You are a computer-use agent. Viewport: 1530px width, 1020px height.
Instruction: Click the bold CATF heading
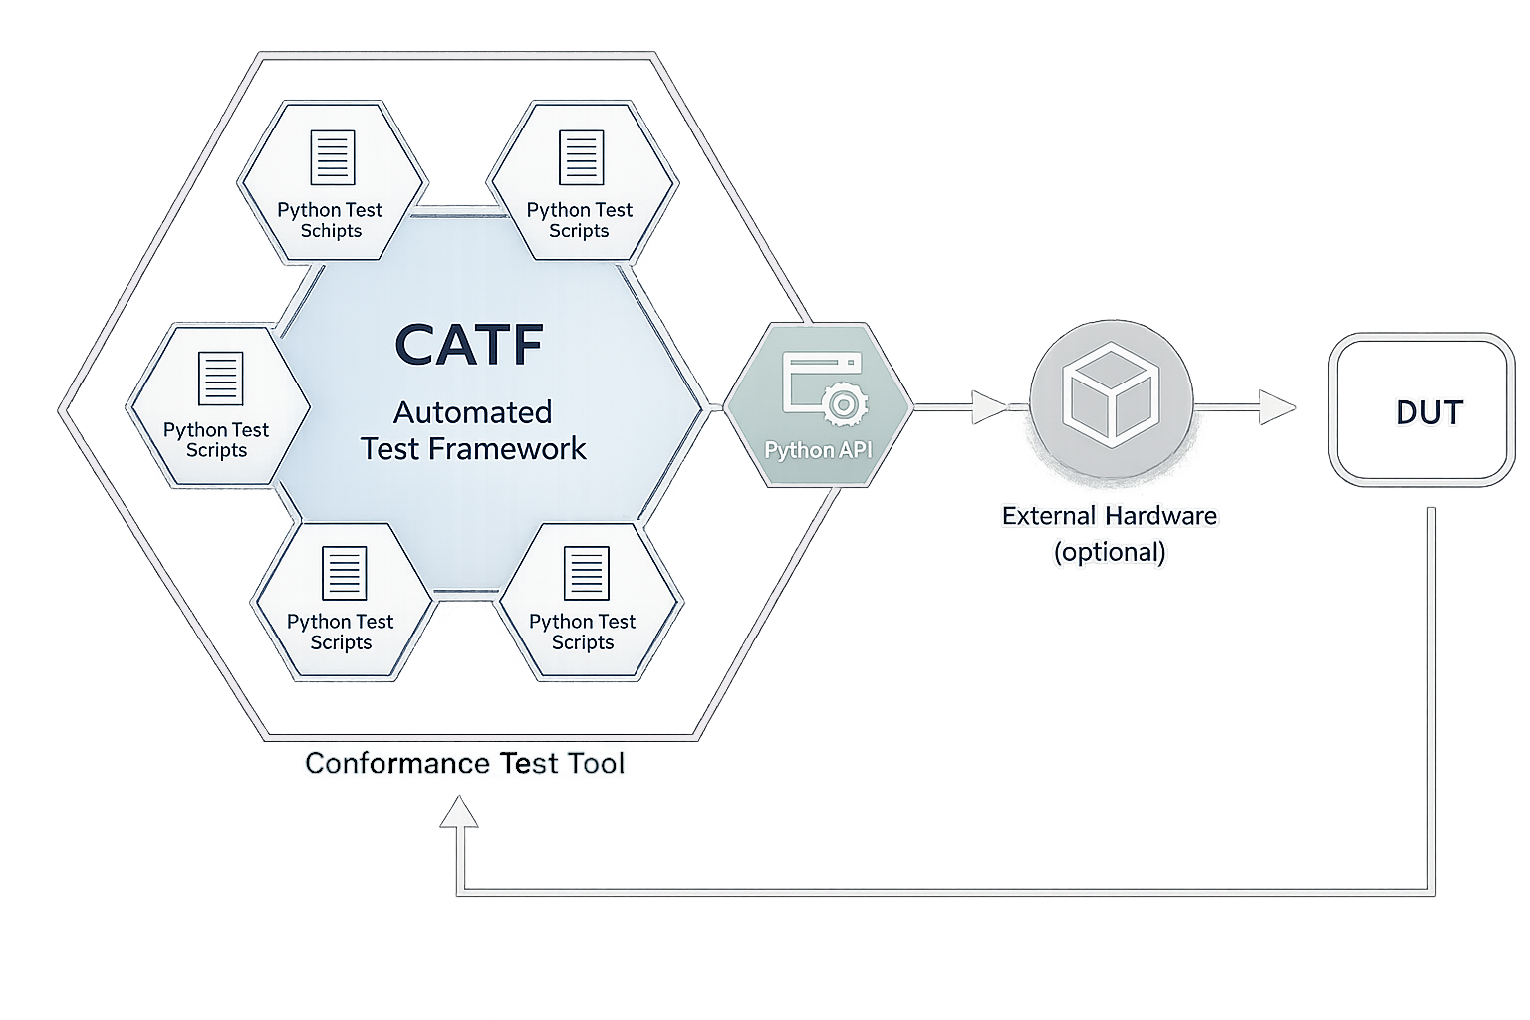(x=469, y=344)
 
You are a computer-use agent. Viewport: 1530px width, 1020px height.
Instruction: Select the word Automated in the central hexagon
(x=472, y=412)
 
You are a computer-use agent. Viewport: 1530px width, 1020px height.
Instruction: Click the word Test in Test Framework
(x=390, y=449)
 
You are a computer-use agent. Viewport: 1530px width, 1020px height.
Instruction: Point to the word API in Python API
(x=854, y=450)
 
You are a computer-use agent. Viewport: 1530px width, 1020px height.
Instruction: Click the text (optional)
(x=1109, y=552)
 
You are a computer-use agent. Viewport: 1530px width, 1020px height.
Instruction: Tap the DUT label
(x=1428, y=412)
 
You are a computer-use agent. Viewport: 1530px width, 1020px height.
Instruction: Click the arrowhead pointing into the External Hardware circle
(x=989, y=407)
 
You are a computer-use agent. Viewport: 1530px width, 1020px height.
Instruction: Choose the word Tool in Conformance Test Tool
(x=596, y=764)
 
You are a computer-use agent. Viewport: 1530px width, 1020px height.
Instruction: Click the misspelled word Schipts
(x=331, y=231)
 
